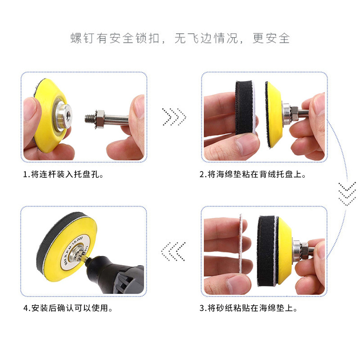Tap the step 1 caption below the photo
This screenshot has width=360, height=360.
pos(63,174)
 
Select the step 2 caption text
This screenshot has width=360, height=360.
pos(253,174)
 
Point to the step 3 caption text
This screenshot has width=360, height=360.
pos(248,308)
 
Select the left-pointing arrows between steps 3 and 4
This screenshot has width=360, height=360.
pos(173,251)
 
